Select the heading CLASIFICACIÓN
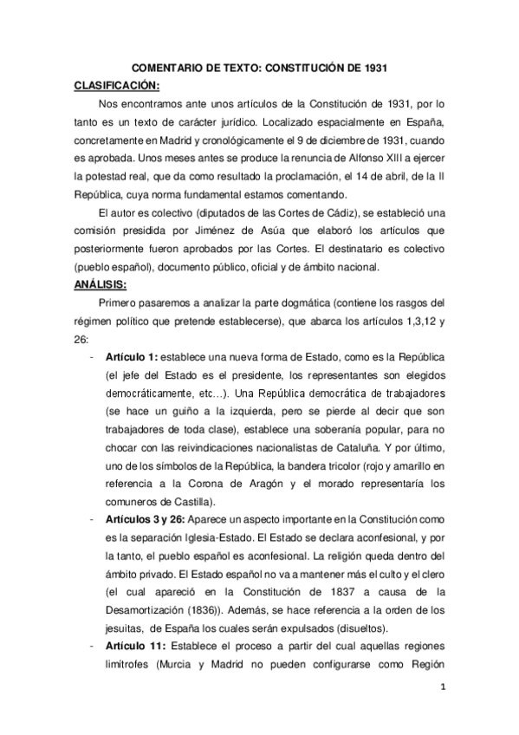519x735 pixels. [116, 86]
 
